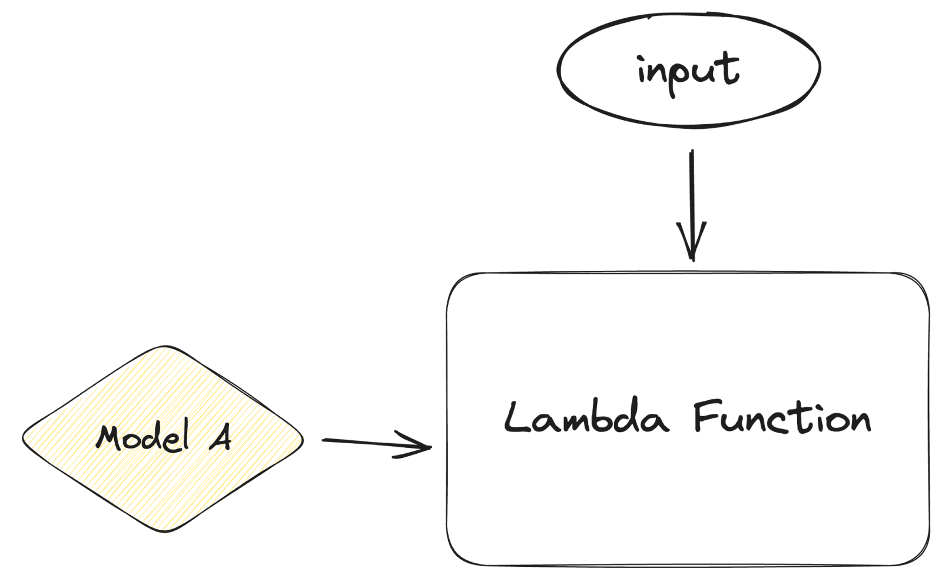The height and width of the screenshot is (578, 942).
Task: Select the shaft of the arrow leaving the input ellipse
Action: [691, 194]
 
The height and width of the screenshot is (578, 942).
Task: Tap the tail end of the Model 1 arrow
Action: [324, 439]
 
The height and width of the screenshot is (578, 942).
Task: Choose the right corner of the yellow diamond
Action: [303, 439]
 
